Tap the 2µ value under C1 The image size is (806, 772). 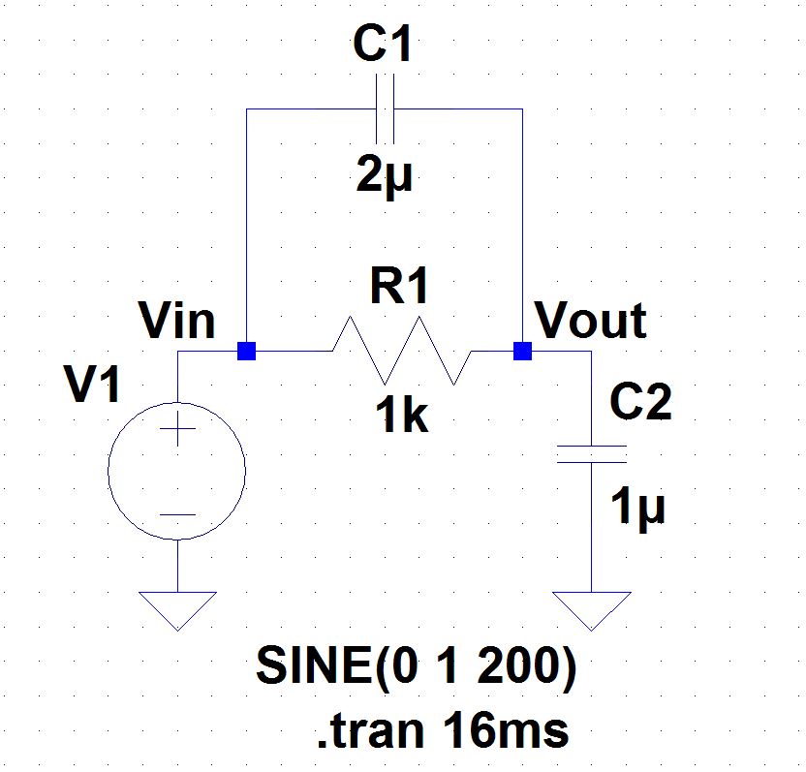[384, 174]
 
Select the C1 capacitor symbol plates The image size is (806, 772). [385, 109]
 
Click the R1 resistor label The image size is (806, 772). [398, 288]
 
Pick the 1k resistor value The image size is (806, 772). [401, 416]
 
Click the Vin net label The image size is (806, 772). [177, 321]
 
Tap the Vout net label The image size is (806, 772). [591, 321]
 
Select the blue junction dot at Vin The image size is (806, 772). [247, 351]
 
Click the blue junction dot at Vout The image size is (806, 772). [522, 351]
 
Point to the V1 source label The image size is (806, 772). [93, 386]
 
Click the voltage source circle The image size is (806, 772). [177, 472]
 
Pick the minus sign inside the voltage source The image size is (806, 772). [177, 514]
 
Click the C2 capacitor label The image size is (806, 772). [639, 402]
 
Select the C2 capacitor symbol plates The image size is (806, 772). [591, 454]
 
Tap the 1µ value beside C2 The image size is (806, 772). [639, 507]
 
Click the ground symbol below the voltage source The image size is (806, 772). [177, 609]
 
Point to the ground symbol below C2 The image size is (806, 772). [591, 609]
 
